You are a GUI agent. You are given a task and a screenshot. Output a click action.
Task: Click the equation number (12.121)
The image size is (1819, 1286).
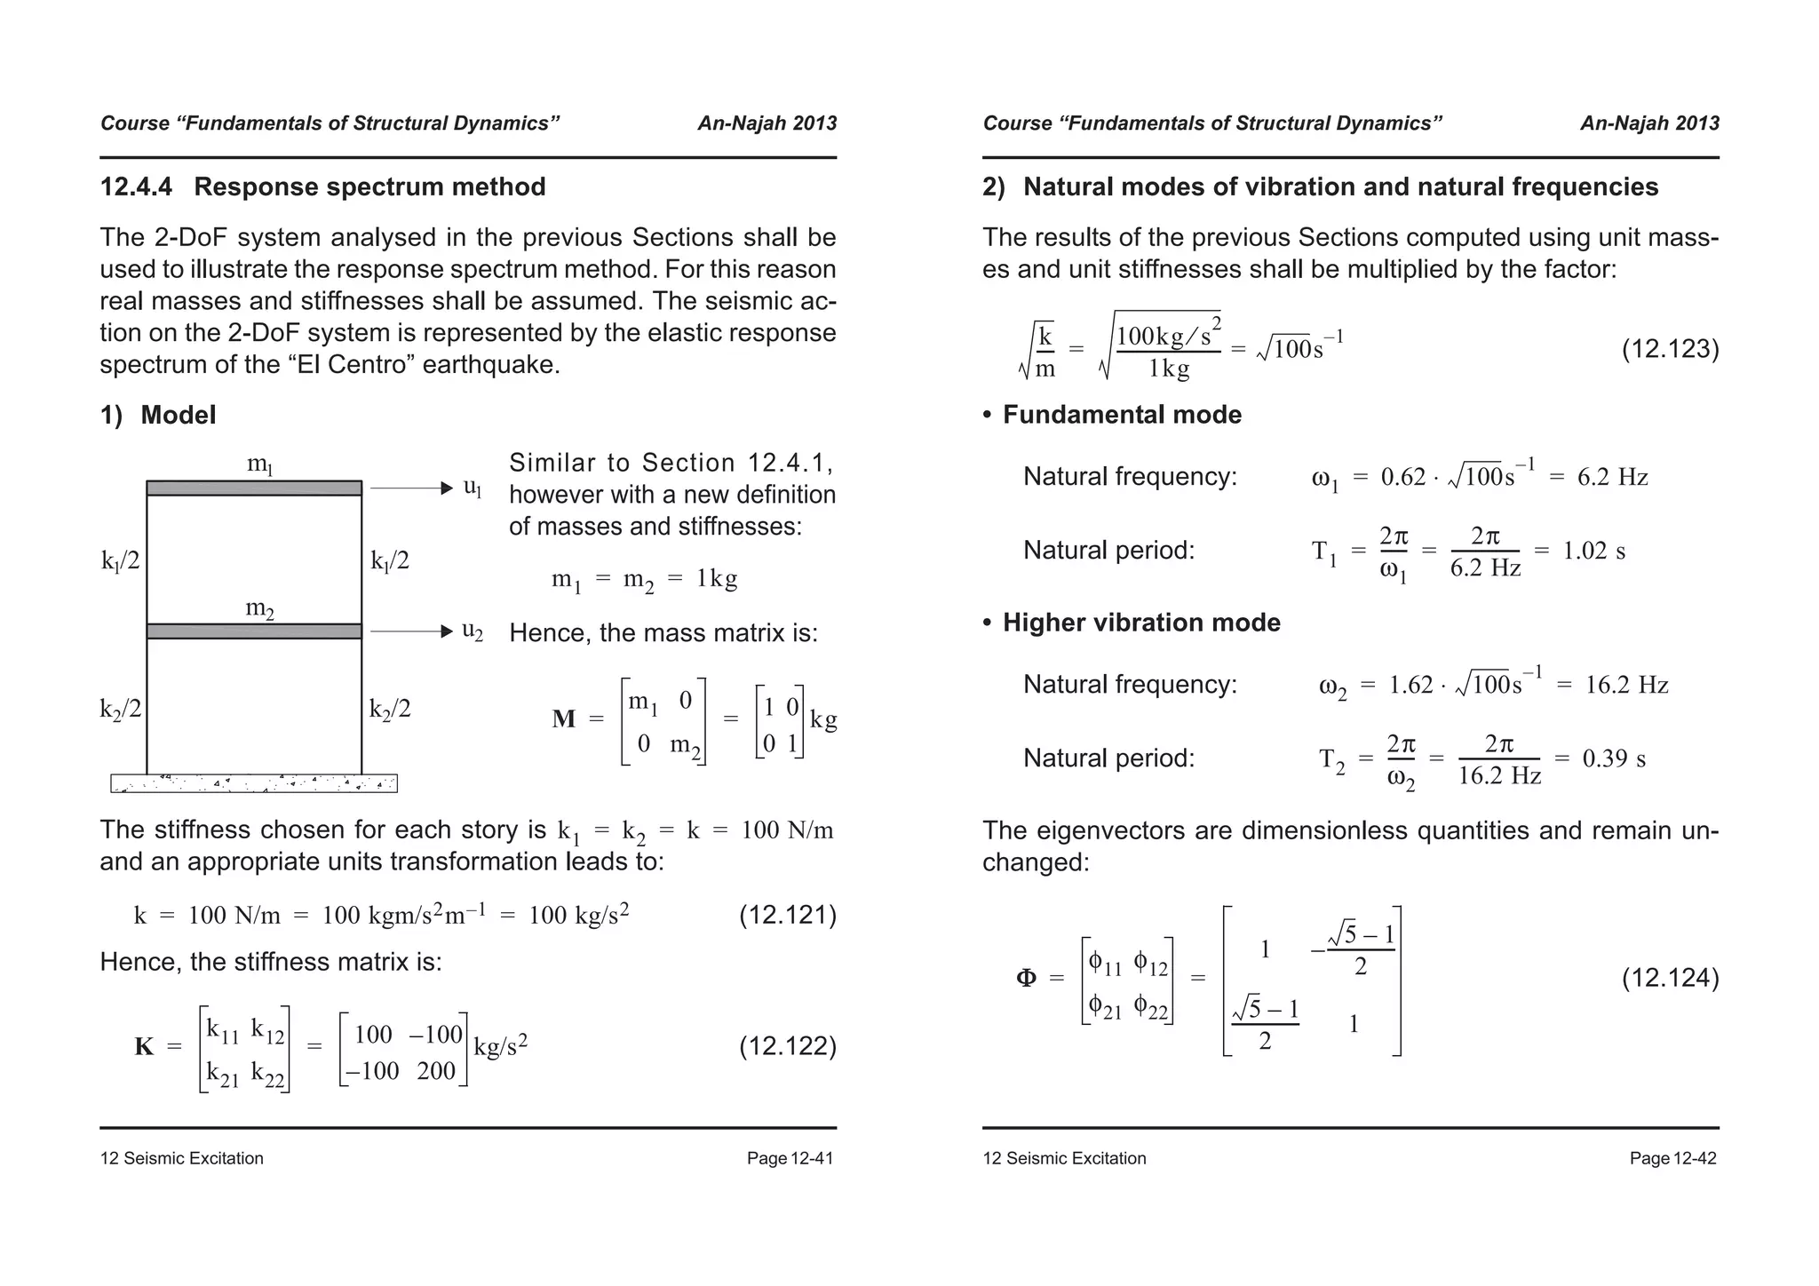[x=787, y=916]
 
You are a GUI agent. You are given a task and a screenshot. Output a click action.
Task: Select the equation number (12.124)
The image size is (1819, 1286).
[x=1670, y=979]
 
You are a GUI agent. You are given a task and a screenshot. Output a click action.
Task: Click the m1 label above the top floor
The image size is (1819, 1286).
[x=259, y=464]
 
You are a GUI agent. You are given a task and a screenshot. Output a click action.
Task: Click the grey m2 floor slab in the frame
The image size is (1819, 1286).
[x=254, y=631]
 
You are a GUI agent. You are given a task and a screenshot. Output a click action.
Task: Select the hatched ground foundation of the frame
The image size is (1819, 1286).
[x=254, y=783]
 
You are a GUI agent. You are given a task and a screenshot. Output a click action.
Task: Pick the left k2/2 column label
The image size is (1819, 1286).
[x=121, y=709]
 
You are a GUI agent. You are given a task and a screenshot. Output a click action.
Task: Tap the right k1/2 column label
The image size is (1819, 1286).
[x=390, y=561]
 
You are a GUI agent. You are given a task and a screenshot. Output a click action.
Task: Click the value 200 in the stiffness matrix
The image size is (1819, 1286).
[x=436, y=1071]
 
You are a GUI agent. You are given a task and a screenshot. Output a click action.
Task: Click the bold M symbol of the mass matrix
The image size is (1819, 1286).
[x=564, y=718]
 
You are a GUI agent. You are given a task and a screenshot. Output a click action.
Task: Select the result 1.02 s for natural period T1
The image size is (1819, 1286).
[x=1594, y=551]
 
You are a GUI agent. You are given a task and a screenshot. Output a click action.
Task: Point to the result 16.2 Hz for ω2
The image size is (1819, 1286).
[x=1626, y=685]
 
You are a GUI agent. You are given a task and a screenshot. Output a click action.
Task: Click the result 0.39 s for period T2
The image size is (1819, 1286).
[x=1614, y=758]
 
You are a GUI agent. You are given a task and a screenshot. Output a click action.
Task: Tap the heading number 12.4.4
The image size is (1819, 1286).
[x=136, y=187]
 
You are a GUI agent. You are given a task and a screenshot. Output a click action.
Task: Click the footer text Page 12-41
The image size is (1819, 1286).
[x=790, y=1158]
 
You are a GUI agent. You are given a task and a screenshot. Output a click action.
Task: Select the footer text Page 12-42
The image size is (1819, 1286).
[x=1672, y=1158]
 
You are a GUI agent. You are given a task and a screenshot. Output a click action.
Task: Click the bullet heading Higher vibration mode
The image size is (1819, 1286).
[x=1141, y=623]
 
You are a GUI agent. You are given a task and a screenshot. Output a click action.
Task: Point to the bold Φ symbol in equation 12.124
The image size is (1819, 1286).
[x=1026, y=979]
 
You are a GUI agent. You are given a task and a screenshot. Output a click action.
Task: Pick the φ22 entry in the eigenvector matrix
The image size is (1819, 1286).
[x=1151, y=1008]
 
